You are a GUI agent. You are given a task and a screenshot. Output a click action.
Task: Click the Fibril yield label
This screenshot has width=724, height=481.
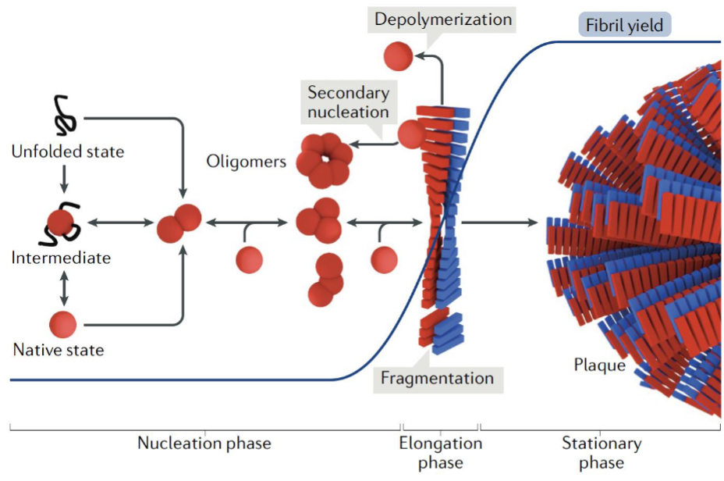point(626,26)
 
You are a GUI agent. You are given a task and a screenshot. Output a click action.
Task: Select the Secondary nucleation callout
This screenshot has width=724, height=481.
point(348,102)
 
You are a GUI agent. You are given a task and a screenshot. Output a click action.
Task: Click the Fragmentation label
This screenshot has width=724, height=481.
point(437,379)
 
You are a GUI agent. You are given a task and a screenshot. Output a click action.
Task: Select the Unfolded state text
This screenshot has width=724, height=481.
point(67,151)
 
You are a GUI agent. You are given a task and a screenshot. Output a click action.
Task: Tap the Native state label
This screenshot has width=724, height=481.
point(59,349)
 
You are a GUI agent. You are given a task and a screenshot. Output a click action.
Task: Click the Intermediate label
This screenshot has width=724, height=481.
point(61,258)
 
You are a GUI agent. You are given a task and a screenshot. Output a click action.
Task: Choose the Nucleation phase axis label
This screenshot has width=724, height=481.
point(204,444)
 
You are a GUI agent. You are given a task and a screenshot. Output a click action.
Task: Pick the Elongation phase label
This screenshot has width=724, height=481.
point(441,452)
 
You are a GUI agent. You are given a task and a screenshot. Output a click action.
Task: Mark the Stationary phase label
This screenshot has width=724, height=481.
point(602,452)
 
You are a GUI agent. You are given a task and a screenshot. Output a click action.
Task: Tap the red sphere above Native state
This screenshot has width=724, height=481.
point(63,322)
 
